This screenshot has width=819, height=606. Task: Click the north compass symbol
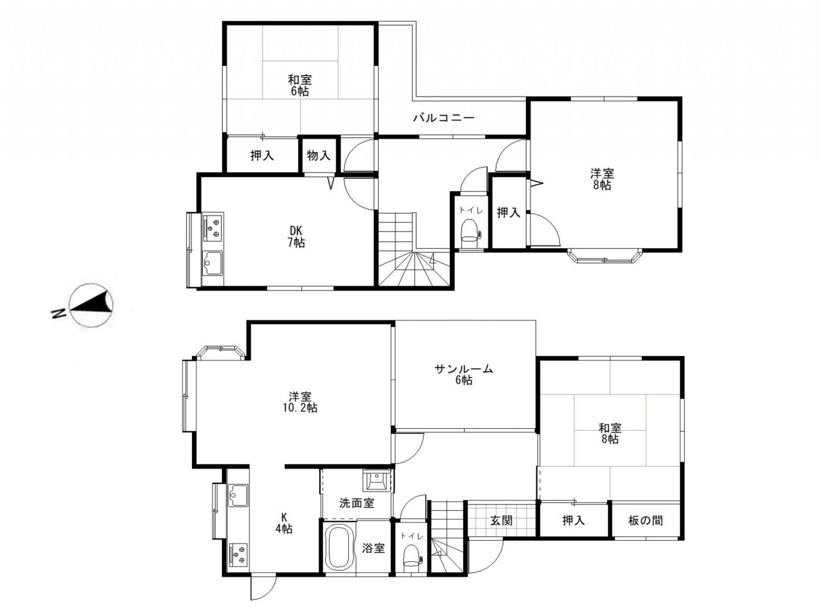tap(91, 305)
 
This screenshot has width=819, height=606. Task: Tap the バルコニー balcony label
tap(443, 118)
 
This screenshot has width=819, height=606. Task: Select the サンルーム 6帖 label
tap(463, 374)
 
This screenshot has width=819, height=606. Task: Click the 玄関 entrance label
tap(501, 521)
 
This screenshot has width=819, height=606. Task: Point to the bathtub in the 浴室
tap(340, 548)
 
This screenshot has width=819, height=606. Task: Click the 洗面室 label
tap(356, 503)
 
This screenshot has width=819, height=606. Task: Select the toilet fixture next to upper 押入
tap(470, 233)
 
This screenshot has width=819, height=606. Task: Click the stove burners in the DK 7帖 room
tap(212, 226)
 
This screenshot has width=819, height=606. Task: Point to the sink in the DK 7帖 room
tap(212, 263)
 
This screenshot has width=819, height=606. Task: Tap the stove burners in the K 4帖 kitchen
tap(237, 555)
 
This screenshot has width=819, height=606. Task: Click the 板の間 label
tap(646, 520)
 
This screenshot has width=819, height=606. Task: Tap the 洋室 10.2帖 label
tap(300, 402)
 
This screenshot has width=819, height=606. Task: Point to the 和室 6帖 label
tap(300, 85)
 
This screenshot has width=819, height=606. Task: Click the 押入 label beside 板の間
tap(573, 520)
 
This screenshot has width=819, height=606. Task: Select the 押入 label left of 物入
tap(262, 156)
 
